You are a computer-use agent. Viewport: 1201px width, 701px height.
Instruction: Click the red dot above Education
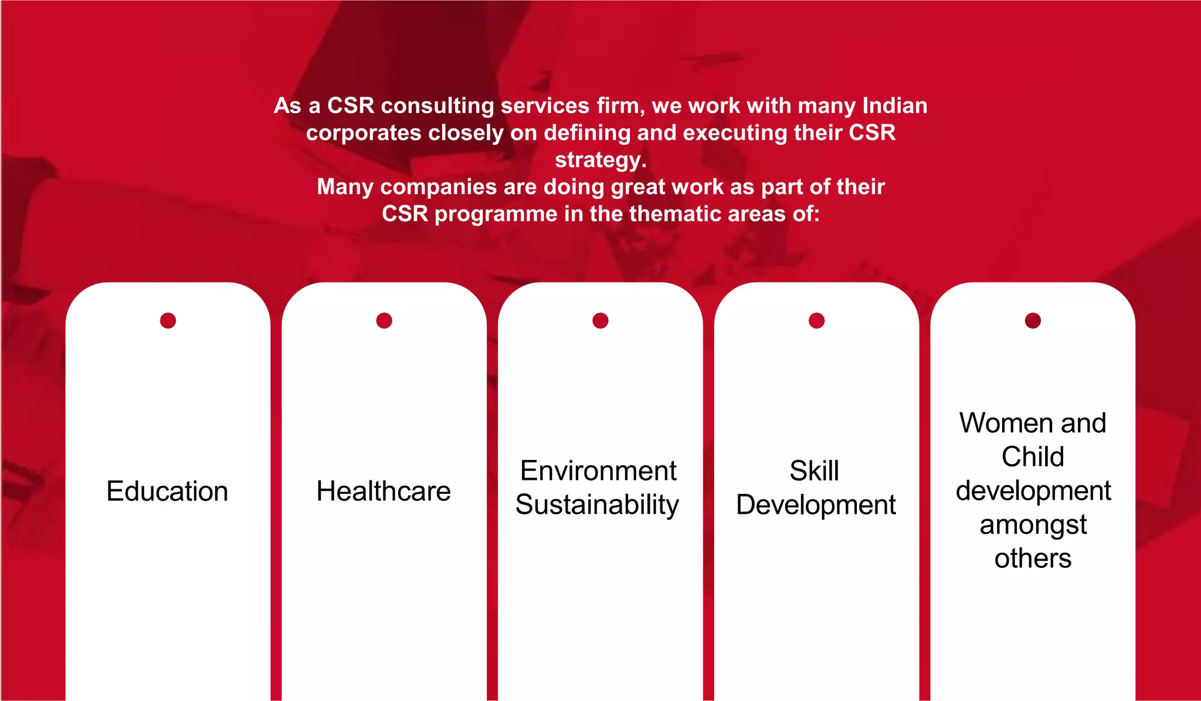click(168, 320)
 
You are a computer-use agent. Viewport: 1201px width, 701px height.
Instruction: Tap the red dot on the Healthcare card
click(384, 320)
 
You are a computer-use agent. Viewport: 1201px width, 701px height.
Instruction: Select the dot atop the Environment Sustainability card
click(600, 320)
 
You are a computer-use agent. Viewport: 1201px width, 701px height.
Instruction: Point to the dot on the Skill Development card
click(816, 320)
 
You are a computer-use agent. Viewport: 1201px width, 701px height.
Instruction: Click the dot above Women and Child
click(1033, 320)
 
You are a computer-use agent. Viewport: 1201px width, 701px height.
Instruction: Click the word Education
click(167, 491)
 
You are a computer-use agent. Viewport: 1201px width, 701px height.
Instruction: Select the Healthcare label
click(384, 491)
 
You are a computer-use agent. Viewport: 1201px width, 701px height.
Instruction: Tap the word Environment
click(598, 470)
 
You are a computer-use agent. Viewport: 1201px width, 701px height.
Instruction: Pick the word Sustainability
click(597, 504)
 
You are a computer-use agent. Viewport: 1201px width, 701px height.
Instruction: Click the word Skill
click(814, 470)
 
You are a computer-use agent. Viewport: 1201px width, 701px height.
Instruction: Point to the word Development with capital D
click(816, 504)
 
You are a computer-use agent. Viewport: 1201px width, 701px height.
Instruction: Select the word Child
click(1033, 456)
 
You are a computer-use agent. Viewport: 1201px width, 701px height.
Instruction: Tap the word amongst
click(1033, 524)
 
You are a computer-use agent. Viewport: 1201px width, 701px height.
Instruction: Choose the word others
click(1033, 558)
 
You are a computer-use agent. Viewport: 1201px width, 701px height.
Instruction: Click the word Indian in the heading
click(895, 106)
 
